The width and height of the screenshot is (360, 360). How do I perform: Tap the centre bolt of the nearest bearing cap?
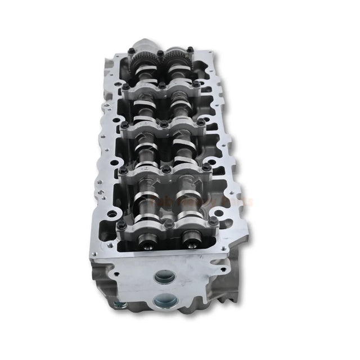(x=167, y=224)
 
